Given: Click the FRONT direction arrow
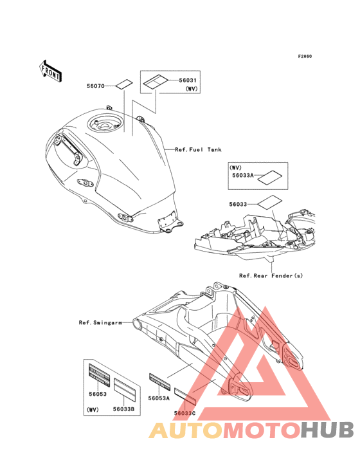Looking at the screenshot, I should point(51,71).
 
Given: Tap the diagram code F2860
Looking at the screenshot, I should point(304,57).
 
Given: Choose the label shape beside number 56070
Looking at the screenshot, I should point(123,84).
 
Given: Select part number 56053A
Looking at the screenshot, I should point(159,398).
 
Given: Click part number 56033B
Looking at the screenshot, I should point(123,408).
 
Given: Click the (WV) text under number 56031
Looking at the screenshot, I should point(192,88).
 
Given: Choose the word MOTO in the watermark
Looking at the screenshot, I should point(260,430).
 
